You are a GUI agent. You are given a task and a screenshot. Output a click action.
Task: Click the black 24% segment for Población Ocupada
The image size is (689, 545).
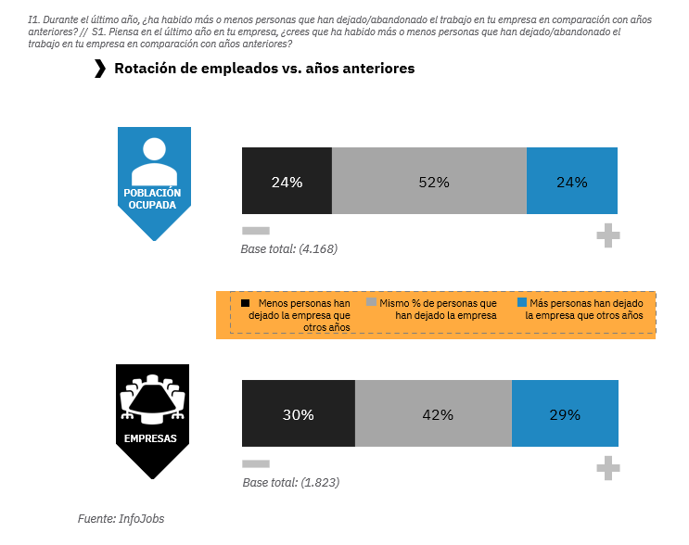point(287,182)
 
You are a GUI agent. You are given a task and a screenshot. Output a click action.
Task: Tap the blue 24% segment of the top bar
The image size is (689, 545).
point(571,182)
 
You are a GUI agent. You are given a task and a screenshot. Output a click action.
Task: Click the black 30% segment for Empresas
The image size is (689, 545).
point(298,414)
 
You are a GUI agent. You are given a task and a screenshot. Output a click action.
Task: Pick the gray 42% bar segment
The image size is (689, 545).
point(433,414)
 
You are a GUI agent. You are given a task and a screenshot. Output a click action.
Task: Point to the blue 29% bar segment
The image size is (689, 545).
point(564,414)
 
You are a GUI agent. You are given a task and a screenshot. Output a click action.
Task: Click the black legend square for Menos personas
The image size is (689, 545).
point(246,303)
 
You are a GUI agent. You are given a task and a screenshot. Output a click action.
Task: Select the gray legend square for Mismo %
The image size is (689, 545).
point(372,303)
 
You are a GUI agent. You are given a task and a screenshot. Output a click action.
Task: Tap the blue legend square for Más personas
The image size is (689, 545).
point(521,303)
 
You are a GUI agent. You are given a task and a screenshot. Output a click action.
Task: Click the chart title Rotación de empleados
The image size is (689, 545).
point(264,69)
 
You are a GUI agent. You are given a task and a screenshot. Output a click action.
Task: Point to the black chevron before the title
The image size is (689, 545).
point(100,69)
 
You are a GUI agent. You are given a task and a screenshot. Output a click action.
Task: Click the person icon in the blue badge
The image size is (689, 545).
point(154,160)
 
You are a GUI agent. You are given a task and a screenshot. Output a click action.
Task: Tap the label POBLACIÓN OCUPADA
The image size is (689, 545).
point(153,198)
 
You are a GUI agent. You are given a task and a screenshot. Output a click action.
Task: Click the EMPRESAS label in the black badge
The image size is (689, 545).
point(152,438)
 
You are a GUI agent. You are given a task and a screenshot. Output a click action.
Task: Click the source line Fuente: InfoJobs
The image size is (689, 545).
point(121,519)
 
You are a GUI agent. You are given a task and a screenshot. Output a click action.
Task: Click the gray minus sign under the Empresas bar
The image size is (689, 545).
point(255,463)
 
